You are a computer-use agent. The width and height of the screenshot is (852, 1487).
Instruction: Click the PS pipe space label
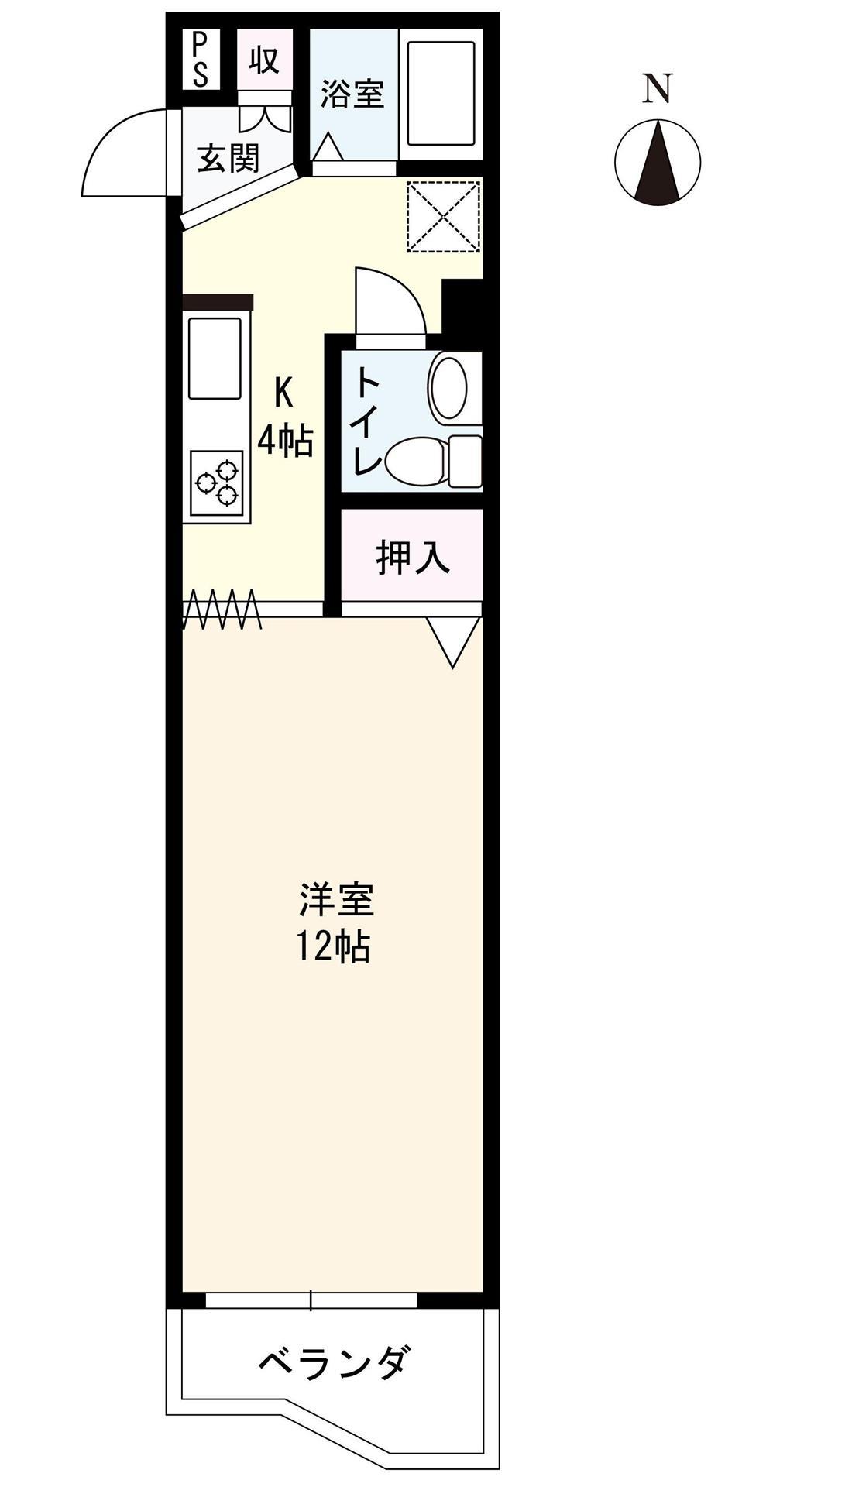click(x=200, y=60)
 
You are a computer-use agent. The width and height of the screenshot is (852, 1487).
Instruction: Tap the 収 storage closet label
click(x=264, y=60)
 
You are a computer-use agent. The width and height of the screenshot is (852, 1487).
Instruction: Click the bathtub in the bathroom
click(x=440, y=93)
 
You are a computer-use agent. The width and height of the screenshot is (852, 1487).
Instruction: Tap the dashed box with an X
click(x=445, y=216)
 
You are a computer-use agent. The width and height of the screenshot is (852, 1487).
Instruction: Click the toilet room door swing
click(x=390, y=302)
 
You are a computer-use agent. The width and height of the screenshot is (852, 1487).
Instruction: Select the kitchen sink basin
click(x=215, y=358)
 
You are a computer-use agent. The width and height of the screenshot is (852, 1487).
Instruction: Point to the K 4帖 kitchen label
click(x=284, y=418)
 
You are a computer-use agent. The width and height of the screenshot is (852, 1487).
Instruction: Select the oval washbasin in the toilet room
click(x=451, y=386)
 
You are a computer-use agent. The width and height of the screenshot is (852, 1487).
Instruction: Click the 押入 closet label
click(x=412, y=558)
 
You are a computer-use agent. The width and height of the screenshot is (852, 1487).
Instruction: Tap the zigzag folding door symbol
click(x=222, y=610)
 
